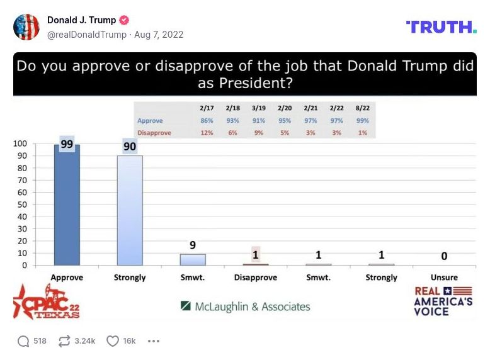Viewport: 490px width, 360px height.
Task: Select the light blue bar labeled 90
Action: point(130,210)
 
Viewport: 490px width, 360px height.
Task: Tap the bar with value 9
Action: point(193,259)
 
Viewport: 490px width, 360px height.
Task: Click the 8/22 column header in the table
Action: point(362,108)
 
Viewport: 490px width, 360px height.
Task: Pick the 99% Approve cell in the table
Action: point(362,120)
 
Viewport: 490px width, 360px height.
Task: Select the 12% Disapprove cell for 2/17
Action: point(207,132)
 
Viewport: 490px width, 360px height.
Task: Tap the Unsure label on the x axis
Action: point(444,278)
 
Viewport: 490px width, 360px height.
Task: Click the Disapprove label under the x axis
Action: point(255,278)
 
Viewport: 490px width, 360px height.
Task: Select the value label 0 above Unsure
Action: point(444,256)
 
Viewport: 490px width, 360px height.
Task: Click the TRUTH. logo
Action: point(441,26)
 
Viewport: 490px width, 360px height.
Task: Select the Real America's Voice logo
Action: point(443,301)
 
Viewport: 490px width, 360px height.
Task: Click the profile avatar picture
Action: point(26,27)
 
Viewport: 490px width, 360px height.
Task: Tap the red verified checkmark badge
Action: point(125,20)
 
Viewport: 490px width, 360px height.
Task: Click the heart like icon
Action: point(112,340)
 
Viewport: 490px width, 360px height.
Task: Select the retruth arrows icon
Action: point(64,340)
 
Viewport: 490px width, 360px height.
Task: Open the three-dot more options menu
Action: point(154,340)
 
